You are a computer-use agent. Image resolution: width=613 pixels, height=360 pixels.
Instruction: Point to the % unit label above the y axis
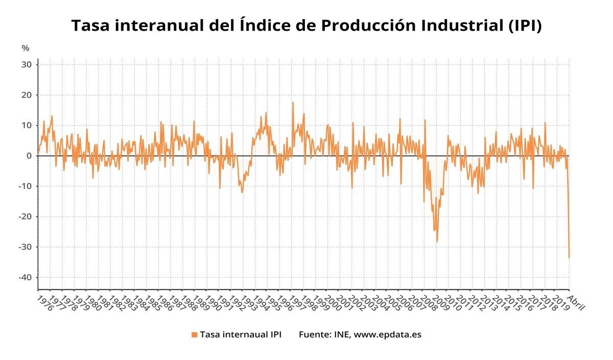click(x=26, y=48)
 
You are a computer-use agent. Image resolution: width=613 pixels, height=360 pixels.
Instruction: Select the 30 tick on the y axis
click(x=27, y=65)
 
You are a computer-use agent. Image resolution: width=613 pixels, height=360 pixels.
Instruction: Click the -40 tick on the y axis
click(x=26, y=277)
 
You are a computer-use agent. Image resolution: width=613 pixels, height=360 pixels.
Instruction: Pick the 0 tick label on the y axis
click(x=30, y=156)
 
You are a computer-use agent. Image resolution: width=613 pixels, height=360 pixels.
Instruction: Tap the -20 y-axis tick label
click(x=26, y=217)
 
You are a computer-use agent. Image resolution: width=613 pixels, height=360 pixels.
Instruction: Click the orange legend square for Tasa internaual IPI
click(x=194, y=334)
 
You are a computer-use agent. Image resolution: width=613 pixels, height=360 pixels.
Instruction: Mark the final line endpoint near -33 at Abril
click(x=569, y=257)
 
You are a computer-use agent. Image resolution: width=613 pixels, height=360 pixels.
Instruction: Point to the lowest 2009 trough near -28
click(x=437, y=242)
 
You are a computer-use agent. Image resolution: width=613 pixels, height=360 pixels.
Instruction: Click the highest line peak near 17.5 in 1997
click(x=293, y=102)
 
